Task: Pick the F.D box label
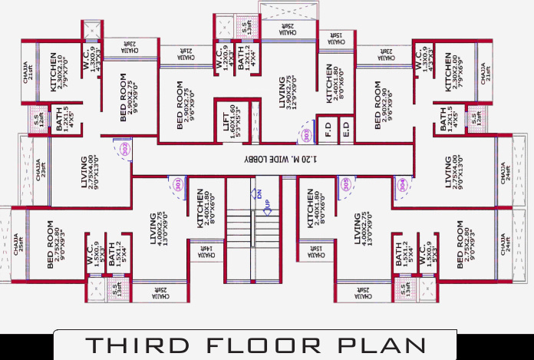click(328, 127)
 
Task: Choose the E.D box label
click(345, 127)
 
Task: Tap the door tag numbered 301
click(178, 184)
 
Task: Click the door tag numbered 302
click(124, 147)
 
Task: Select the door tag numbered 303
click(307, 136)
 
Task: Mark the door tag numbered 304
click(404, 184)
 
